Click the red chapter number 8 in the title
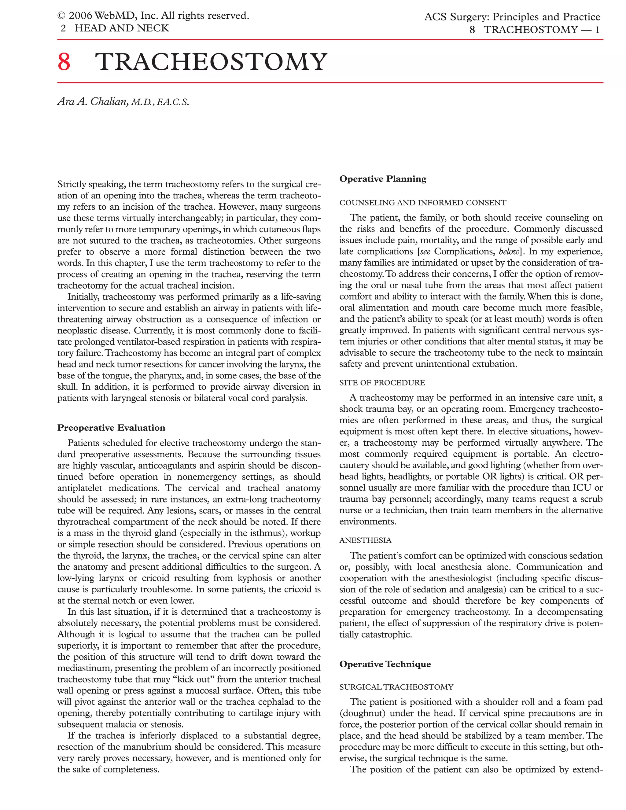click(x=64, y=62)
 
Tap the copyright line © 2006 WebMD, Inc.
click(x=153, y=16)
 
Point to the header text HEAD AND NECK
click(x=122, y=28)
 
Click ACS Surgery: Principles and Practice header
click(x=512, y=17)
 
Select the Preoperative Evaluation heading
click(x=111, y=428)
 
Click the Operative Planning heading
click(x=383, y=179)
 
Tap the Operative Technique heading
click(x=385, y=664)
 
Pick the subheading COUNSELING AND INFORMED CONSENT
click(x=423, y=203)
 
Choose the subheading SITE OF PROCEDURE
click(x=382, y=383)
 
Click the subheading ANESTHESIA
click(x=365, y=540)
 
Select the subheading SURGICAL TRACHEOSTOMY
click(x=396, y=687)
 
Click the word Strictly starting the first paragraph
click(x=72, y=184)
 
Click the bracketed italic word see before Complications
click(x=425, y=252)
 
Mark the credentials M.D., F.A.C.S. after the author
click(x=160, y=102)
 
